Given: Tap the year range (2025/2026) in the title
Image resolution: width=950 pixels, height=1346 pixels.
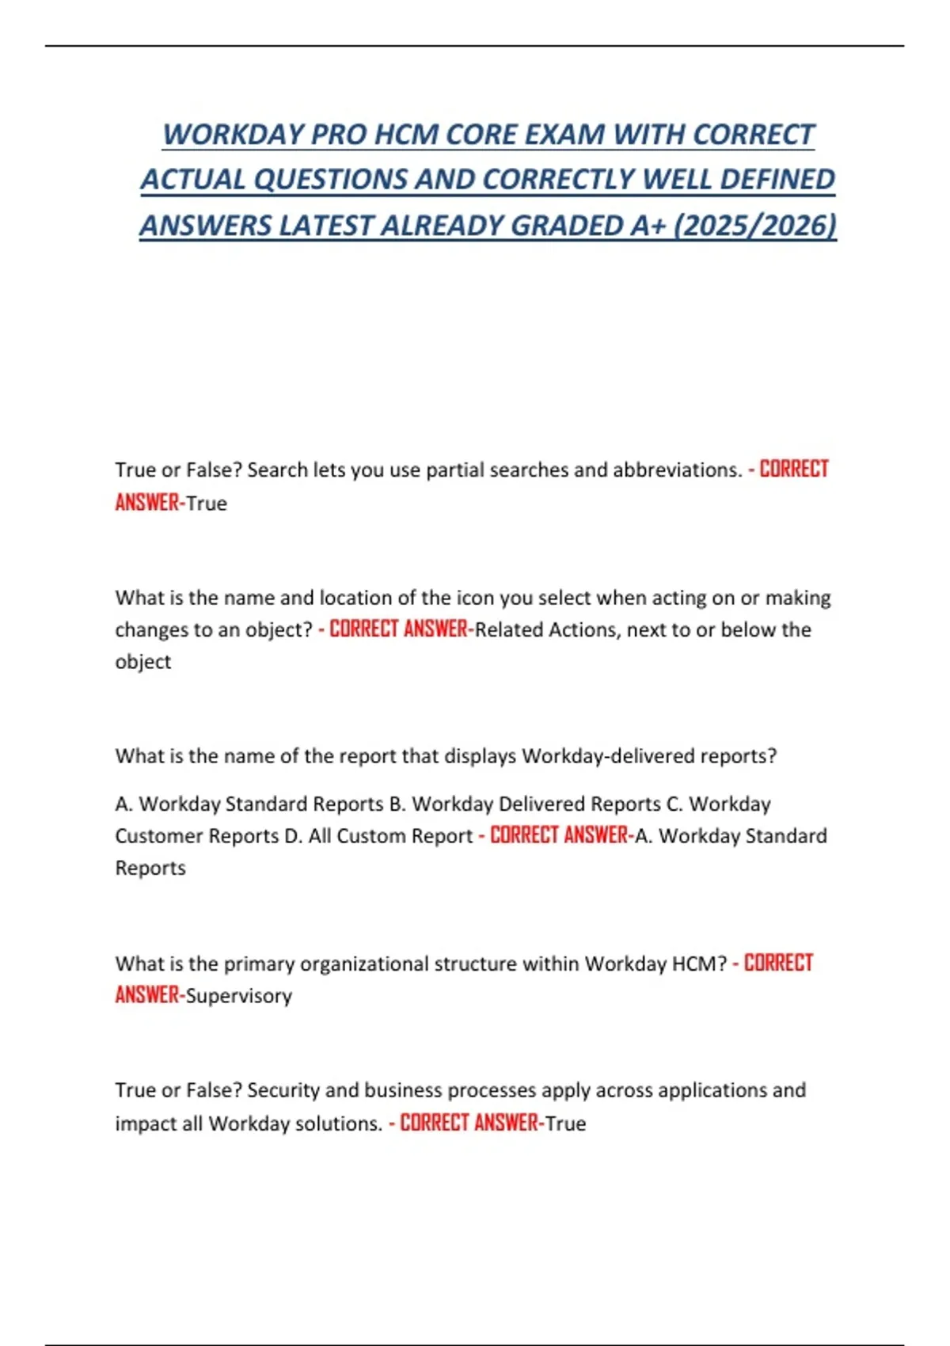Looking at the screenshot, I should coord(755,226).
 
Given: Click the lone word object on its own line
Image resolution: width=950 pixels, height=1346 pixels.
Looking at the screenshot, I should coord(142,662).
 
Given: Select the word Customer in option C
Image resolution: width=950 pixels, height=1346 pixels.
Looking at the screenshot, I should coord(158,836).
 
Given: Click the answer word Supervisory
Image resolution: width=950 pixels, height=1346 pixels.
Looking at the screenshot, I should coord(239,996).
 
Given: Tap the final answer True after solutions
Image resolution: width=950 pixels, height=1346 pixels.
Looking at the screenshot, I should coord(566,1124).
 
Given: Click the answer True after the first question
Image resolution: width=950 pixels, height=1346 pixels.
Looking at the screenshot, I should coord(207,504).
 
